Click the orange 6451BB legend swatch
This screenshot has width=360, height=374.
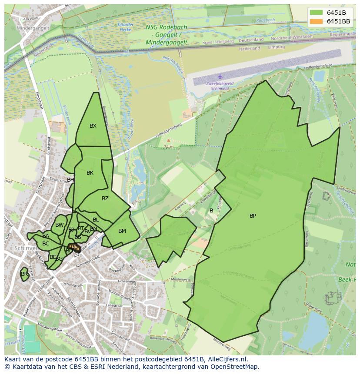point(317,21)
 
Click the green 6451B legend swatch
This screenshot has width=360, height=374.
point(317,12)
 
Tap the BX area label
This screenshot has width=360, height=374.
point(93,126)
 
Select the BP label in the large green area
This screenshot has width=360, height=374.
point(253,216)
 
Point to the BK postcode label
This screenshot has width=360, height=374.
point(90,173)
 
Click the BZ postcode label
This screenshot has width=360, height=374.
point(105,199)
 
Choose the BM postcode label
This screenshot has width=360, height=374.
point(122,231)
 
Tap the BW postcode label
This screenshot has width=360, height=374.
point(60,225)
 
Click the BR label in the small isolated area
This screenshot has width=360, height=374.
point(24,274)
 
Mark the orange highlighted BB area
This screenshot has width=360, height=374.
point(74,247)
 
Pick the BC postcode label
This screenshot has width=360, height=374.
point(46,244)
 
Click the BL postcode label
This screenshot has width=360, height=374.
point(96,220)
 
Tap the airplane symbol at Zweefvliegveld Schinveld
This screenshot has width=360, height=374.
point(220,76)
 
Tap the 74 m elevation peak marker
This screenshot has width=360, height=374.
point(168,141)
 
